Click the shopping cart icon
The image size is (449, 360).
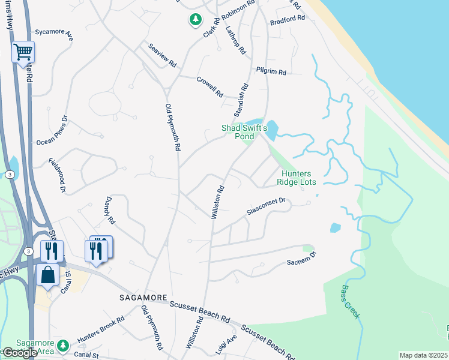[23, 52]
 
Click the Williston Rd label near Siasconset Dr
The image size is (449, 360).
[217, 202]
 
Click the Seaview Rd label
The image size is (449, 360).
[162, 55]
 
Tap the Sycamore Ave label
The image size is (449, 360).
[53, 34]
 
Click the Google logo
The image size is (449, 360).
[20, 353]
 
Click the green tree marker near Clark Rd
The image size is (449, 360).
[195, 20]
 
